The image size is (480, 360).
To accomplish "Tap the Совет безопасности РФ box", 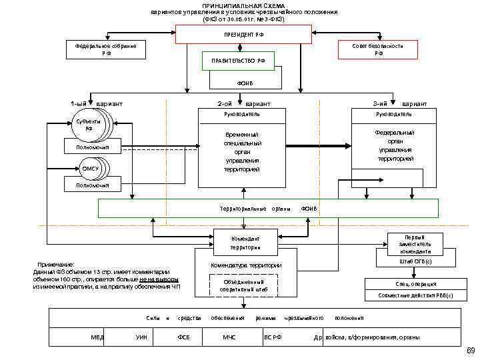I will click(378, 49).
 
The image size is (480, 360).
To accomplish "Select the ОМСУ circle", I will click(91, 169).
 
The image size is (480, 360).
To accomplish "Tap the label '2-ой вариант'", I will click(243, 104).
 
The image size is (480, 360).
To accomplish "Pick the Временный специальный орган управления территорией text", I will click(243, 151).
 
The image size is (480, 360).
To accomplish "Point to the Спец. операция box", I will click(414, 283).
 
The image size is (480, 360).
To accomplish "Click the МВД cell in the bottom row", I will click(97, 337).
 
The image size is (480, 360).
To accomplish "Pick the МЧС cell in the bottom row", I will click(229, 337).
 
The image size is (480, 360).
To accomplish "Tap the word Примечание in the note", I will click(57, 265).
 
